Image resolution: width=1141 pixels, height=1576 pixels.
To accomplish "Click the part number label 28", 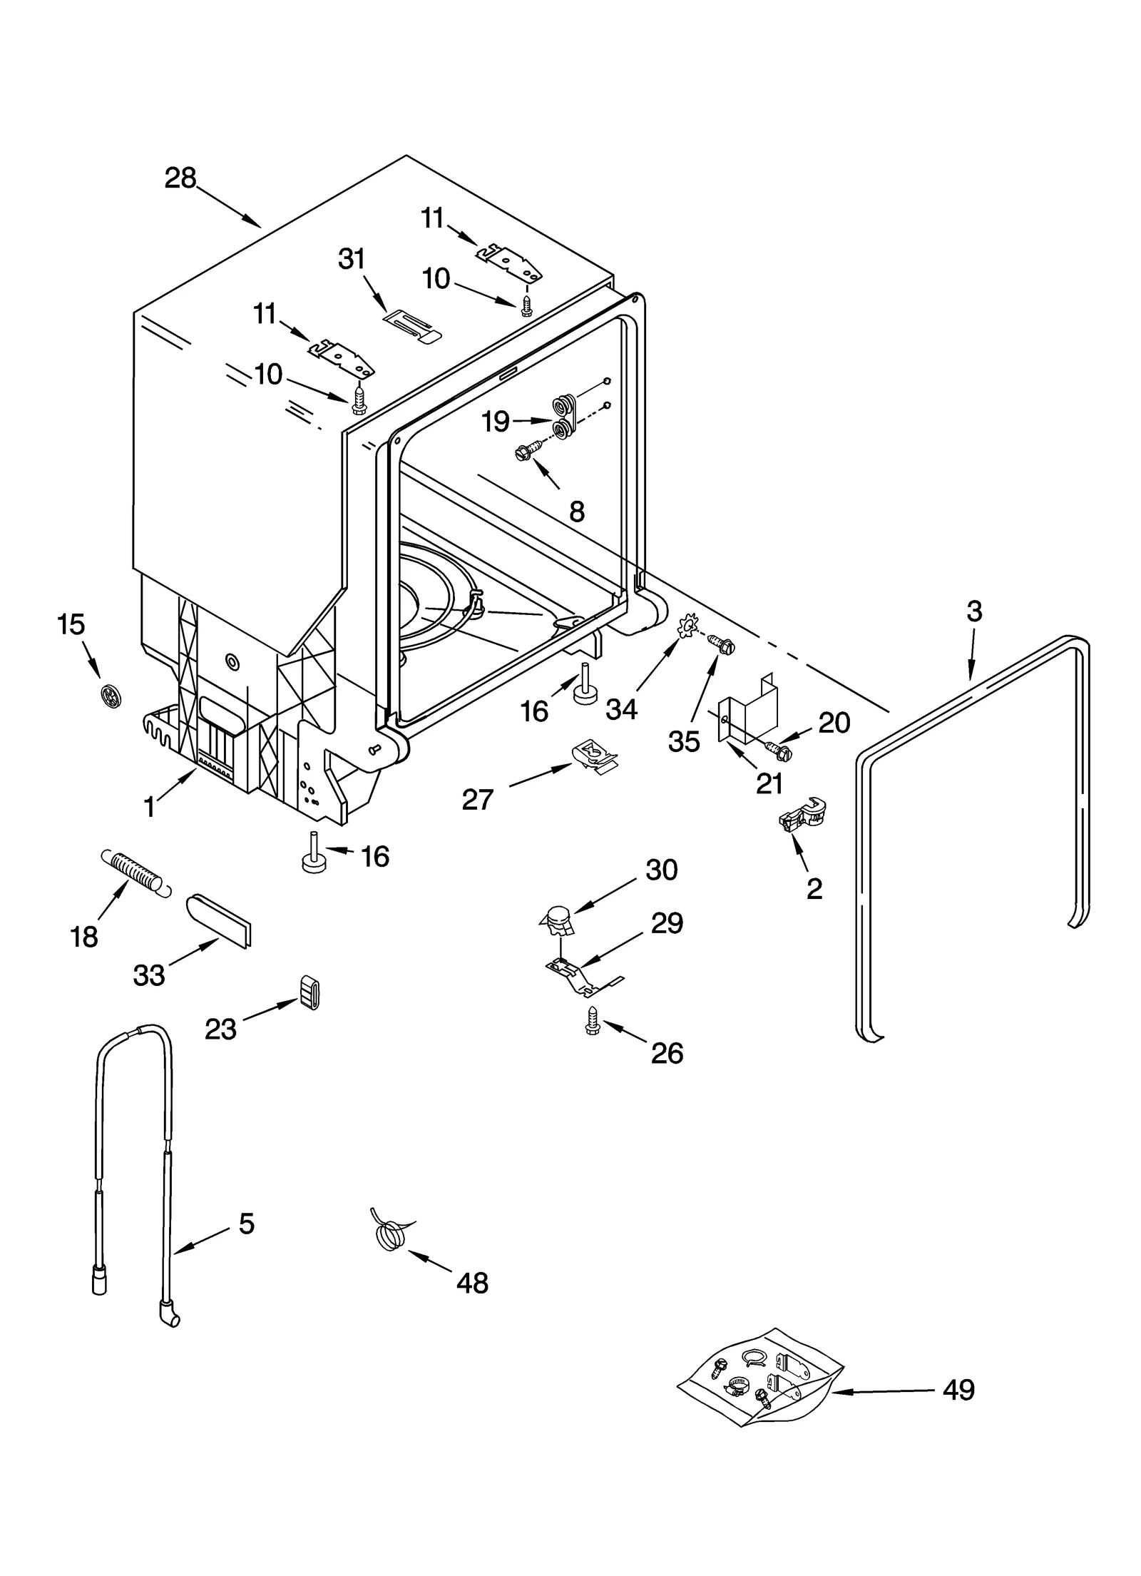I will [180, 178].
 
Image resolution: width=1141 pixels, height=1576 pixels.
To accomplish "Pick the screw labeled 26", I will [592, 1020].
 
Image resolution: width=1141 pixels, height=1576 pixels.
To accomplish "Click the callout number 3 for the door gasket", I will [974, 611].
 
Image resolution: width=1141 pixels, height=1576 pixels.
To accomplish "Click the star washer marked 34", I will [687, 630].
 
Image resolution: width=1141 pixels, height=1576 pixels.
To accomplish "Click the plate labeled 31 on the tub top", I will [412, 328].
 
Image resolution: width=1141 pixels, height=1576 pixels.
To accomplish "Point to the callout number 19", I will [495, 422].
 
